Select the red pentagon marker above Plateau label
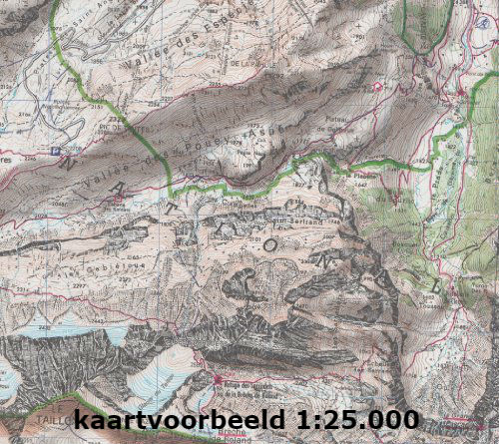pos(377,88)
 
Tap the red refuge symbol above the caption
pos(218,379)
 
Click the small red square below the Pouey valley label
pos(119,199)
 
